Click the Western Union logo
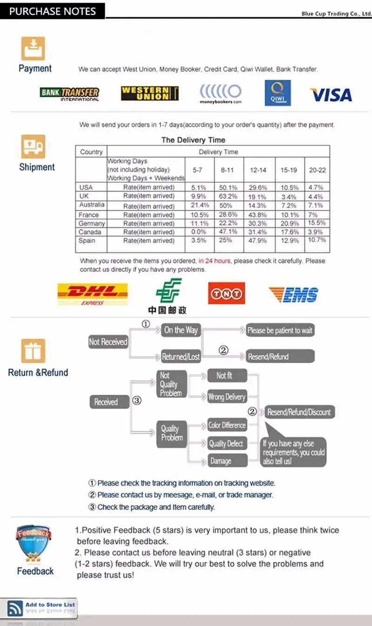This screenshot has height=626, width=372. coord(150,93)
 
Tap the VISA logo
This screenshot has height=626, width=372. coord(331,95)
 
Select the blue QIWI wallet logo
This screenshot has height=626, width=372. coord(278,93)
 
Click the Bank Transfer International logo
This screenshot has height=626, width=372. coord(69,94)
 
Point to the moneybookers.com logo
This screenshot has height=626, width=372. coord(220,94)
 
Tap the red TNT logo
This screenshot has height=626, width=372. coord(226,293)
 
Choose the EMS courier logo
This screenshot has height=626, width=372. coord(293,295)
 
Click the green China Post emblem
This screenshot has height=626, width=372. coord(168,290)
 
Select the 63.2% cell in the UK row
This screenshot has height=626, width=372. coord(228,196)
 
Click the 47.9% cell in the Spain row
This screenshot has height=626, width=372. coord(258,240)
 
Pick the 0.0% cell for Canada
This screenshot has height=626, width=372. coord(199,232)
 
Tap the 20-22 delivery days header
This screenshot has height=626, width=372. coord(317,170)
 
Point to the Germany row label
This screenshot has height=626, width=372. coord(92,223)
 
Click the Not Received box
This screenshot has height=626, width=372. coord(108,342)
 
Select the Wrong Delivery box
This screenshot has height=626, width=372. coord(227,397)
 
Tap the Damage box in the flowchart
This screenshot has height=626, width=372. coord(227,461)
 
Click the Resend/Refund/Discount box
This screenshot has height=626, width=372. coord(299,412)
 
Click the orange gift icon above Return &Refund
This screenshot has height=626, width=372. coord(33,351)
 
